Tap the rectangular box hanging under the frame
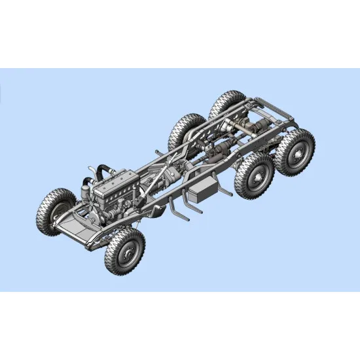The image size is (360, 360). (x=206, y=189)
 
